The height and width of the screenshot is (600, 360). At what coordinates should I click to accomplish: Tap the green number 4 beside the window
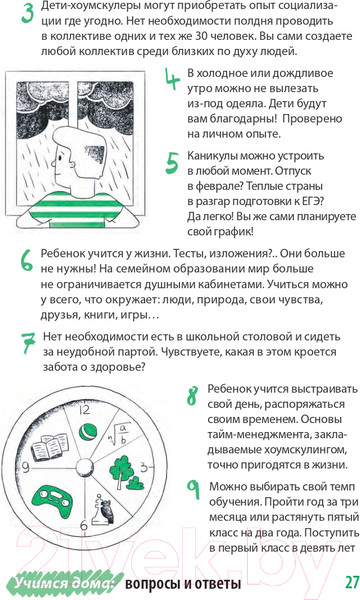174,80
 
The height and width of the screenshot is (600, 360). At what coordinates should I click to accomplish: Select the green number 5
174,164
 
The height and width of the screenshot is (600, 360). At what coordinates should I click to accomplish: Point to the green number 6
27,261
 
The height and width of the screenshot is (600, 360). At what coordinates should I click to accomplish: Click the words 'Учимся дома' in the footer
56,583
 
